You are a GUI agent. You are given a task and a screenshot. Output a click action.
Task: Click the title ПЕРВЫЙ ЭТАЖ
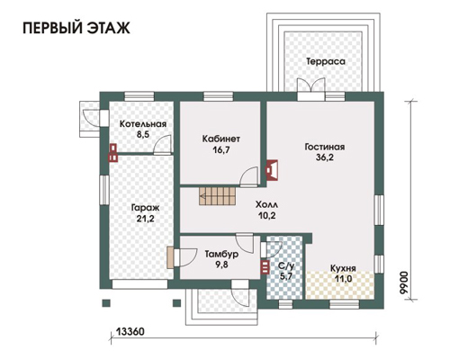tap(76, 28)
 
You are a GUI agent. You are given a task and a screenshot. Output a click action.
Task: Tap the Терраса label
tap(326, 61)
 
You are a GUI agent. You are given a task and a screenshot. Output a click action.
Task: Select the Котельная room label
tap(143, 124)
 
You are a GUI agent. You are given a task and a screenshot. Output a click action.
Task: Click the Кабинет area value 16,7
tap(221, 149)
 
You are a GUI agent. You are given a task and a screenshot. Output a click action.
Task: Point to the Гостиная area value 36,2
tap(325, 157)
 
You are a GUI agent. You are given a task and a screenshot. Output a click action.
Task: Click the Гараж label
tap(146, 208)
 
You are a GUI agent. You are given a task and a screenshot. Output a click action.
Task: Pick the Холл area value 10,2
tap(267, 215)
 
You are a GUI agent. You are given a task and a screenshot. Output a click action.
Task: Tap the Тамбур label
tap(221, 255)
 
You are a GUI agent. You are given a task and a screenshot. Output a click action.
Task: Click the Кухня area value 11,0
tap(344, 279)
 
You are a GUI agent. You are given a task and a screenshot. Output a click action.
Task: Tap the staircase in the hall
tap(217, 196)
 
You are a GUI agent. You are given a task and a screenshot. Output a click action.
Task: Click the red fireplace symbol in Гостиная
tap(272, 170)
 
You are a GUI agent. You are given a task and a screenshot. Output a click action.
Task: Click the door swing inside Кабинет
tap(249, 177)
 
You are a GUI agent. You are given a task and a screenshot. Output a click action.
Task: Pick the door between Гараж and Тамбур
tap(185, 257)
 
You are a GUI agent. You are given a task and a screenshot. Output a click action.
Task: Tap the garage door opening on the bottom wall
tap(139, 284)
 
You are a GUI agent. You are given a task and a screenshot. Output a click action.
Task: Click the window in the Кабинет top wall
tap(218, 96)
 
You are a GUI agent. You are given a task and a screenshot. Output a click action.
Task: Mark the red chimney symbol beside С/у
tap(265, 267)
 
